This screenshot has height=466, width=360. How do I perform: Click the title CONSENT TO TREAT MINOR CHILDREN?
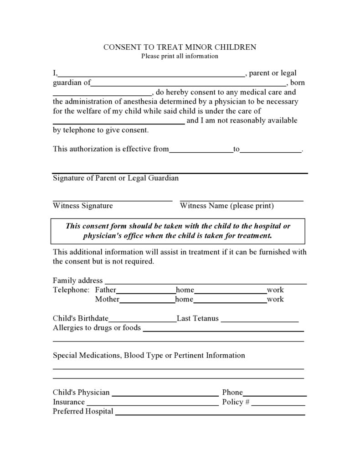click(x=180, y=47)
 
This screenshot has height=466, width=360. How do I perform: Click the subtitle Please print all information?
click(x=180, y=57)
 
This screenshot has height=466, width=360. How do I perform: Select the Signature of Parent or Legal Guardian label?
click(x=116, y=178)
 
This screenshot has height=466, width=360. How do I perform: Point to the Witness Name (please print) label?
click(x=227, y=206)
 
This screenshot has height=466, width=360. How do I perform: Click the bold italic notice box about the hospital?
click(x=178, y=231)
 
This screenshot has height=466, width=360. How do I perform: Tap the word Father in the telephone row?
click(x=105, y=290)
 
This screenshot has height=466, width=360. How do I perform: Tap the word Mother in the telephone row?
click(x=107, y=300)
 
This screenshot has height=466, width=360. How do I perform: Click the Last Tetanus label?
click(x=198, y=319)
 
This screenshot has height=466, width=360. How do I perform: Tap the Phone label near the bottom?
click(x=232, y=393)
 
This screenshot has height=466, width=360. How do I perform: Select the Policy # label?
click(x=236, y=402)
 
